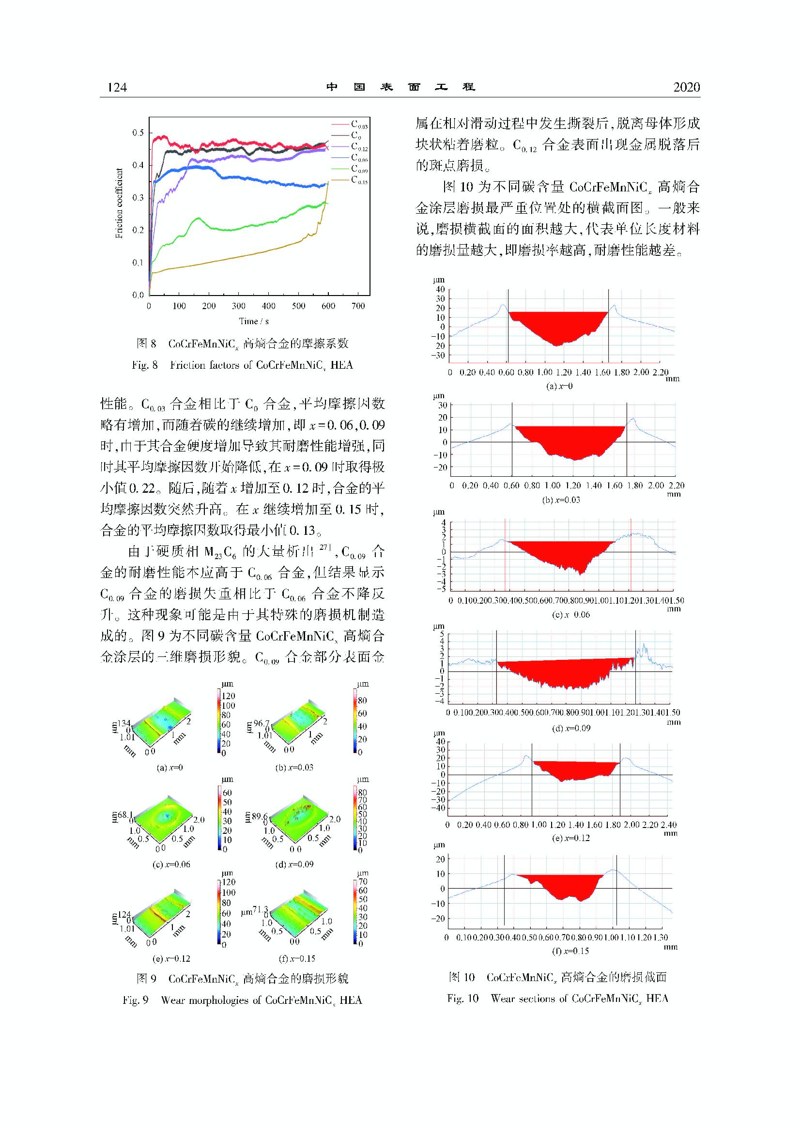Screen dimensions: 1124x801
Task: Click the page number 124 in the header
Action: pyautogui.click(x=117, y=87)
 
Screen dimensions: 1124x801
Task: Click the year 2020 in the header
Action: pyautogui.click(x=686, y=87)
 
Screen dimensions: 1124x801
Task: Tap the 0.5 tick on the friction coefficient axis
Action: pyautogui.click(x=138, y=133)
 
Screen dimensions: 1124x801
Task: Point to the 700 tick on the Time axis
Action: pyautogui.click(x=358, y=306)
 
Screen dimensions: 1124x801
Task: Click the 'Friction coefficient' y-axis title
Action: pyautogui.click(x=119, y=203)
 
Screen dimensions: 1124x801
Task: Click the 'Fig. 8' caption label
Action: pyautogui.click(x=144, y=365)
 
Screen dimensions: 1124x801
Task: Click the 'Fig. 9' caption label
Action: pyautogui.click(x=136, y=1000)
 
